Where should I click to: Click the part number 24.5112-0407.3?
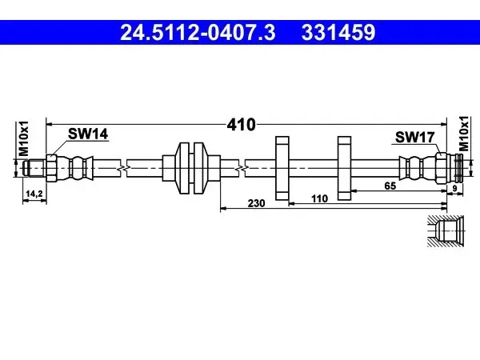[x=198, y=33]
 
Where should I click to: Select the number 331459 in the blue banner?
[x=338, y=33]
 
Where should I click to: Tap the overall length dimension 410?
[x=241, y=125]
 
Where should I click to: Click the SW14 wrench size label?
[x=88, y=134]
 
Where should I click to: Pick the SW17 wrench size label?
[x=414, y=137]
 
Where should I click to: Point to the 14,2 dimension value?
[x=34, y=194]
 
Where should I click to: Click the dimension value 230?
[x=256, y=203]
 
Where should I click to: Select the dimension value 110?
[x=319, y=198]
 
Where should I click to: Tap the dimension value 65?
[x=390, y=186]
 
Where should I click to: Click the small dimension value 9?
[x=454, y=189]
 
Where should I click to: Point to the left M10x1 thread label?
[x=23, y=138]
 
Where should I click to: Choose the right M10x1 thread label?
[x=464, y=134]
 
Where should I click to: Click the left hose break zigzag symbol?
[x=123, y=168]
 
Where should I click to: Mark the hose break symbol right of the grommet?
[x=242, y=168]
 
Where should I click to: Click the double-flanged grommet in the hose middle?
[x=191, y=168]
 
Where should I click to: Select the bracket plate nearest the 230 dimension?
[x=282, y=168]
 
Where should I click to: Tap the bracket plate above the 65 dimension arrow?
[x=344, y=168]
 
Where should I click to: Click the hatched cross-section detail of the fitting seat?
[x=446, y=231]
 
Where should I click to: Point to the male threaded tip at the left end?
[x=34, y=168]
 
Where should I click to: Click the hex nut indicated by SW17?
[x=441, y=168]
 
